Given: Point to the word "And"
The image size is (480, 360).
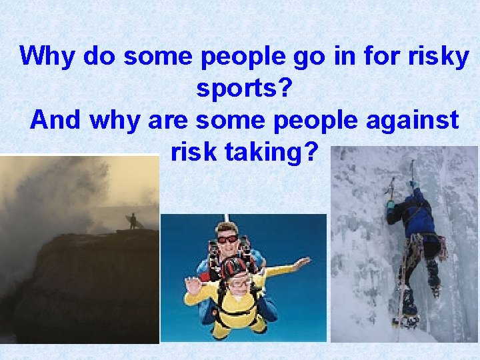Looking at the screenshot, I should (55, 120).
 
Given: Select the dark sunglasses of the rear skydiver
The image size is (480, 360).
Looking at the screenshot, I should (227, 238).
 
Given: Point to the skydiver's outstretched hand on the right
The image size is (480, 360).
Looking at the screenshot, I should (303, 264).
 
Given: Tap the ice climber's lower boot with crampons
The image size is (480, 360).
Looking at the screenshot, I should (407, 320).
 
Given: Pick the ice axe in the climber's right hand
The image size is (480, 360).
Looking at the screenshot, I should (413, 171).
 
